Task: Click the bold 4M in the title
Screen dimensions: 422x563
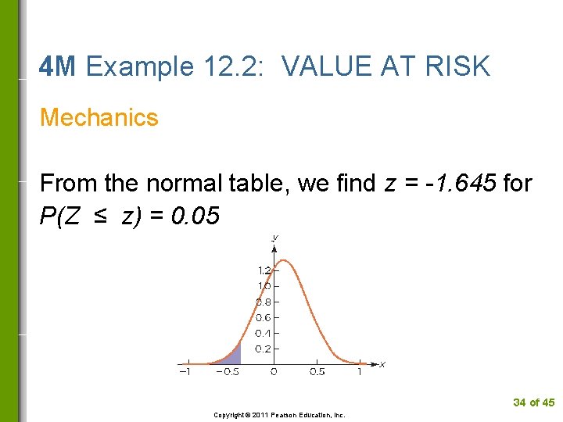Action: click(57, 67)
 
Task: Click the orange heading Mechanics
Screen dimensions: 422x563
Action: click(99, 117)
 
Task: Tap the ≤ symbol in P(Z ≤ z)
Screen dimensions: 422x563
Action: click(100, 216)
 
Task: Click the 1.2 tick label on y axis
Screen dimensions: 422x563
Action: click(264, 270)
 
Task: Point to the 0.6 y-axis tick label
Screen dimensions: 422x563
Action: click(264, 317)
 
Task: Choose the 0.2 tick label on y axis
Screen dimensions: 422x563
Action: click(264, 349)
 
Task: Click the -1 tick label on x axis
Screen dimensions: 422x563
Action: click(184, 372)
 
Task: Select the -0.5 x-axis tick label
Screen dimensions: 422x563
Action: click(228, 372)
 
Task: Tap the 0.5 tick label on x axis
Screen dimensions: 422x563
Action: click(317, 372)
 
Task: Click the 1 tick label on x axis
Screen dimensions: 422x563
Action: click(360, 372)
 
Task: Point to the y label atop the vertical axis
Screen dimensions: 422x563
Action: click(275, 236)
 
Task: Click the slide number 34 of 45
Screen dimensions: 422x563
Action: click(533, 402)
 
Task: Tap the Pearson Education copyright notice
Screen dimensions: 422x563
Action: click(279, 415)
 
